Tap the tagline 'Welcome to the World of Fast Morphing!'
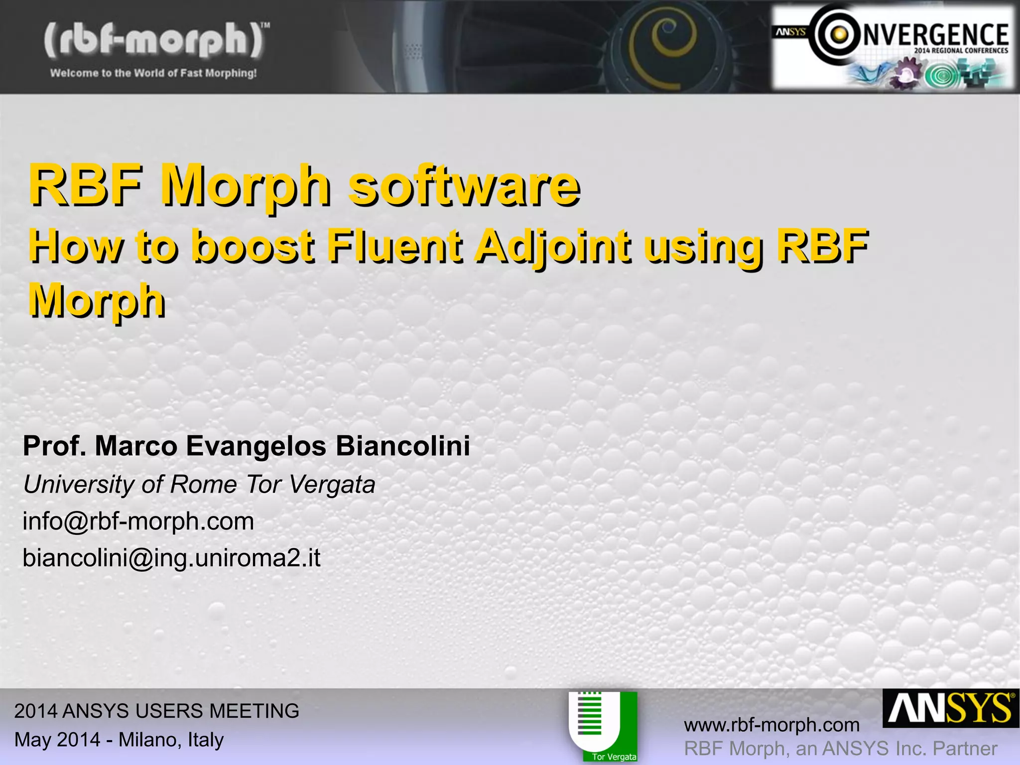[153, 73]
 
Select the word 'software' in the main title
[463, 187]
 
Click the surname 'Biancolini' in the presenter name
[402, 445]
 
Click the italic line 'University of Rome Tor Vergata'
[199, 484]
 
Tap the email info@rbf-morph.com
[138, 521]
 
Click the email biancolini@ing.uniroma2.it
[171, 558]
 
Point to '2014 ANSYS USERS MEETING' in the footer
[156, 711]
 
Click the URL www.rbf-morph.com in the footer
[771, 725]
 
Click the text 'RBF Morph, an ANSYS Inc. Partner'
[840, 749]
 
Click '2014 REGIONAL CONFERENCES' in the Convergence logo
[961, 50]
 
